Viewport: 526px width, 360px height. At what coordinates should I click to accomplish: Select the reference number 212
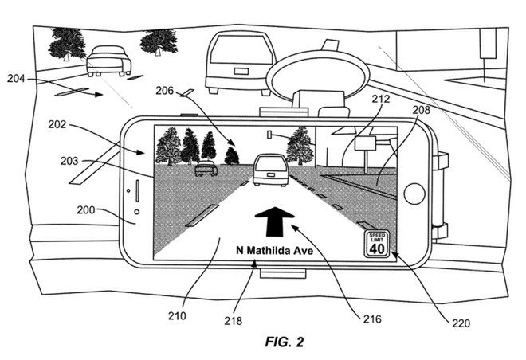[380, 100]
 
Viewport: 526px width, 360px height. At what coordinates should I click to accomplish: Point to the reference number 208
[423, 111]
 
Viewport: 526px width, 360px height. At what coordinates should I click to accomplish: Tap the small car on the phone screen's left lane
[205, 167]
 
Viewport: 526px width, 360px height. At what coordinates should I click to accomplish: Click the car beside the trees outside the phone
[108, 60]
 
